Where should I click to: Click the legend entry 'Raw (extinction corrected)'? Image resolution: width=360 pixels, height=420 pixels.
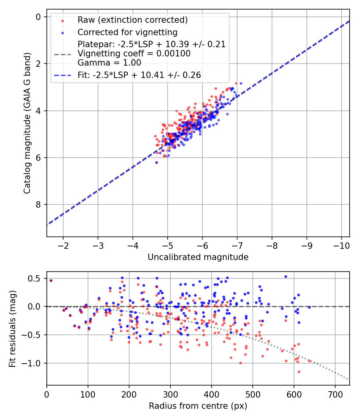(132, 20)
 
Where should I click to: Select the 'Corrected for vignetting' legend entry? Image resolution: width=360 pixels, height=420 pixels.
(128, 32)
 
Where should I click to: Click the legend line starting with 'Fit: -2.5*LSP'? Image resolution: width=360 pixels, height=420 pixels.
(139, 75)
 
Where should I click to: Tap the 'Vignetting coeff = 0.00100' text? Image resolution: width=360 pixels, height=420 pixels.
(134, 53)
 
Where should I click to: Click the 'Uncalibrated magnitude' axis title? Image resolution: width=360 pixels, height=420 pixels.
(198, 257)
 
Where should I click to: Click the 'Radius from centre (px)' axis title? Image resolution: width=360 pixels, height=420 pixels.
(198, 406)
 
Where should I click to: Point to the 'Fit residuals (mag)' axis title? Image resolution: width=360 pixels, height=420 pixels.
(12, 328)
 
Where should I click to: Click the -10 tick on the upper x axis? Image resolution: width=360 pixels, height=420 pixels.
(341, 245)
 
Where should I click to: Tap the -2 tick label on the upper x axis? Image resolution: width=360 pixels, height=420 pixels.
(63, 245)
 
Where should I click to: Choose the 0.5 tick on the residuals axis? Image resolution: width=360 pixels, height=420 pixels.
(37, 278)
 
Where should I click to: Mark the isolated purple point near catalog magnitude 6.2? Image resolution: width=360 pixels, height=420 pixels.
(156, 162)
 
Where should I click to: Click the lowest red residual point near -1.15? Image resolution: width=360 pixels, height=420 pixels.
(299, 372)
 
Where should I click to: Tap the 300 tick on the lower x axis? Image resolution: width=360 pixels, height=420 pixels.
(170, 394)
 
